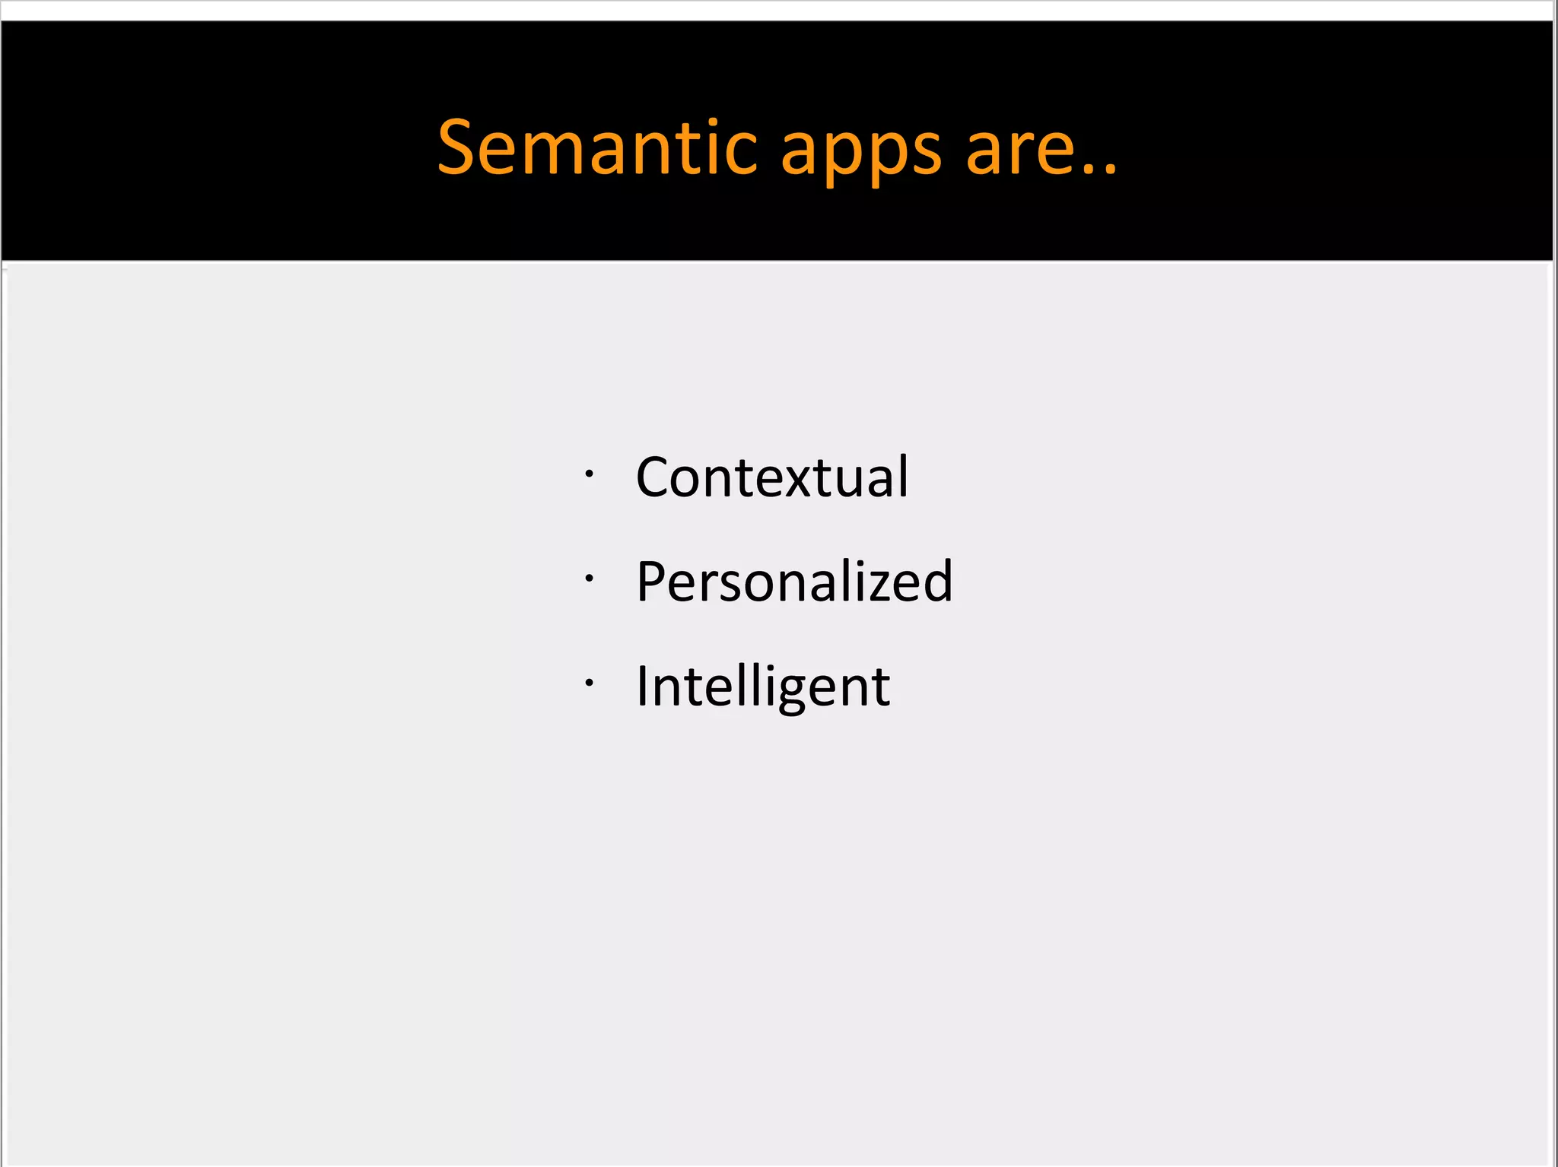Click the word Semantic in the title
coord(598,147)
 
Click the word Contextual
coord(771,477)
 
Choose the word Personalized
coord(794,582)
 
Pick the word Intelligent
coord(762,687)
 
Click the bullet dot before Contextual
coord(589,474)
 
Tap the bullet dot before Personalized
coord(589,579)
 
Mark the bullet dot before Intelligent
coord(589,683)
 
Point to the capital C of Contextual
coord(655,477)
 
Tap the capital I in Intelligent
coord(643,686)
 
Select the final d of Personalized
coord(936,582)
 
